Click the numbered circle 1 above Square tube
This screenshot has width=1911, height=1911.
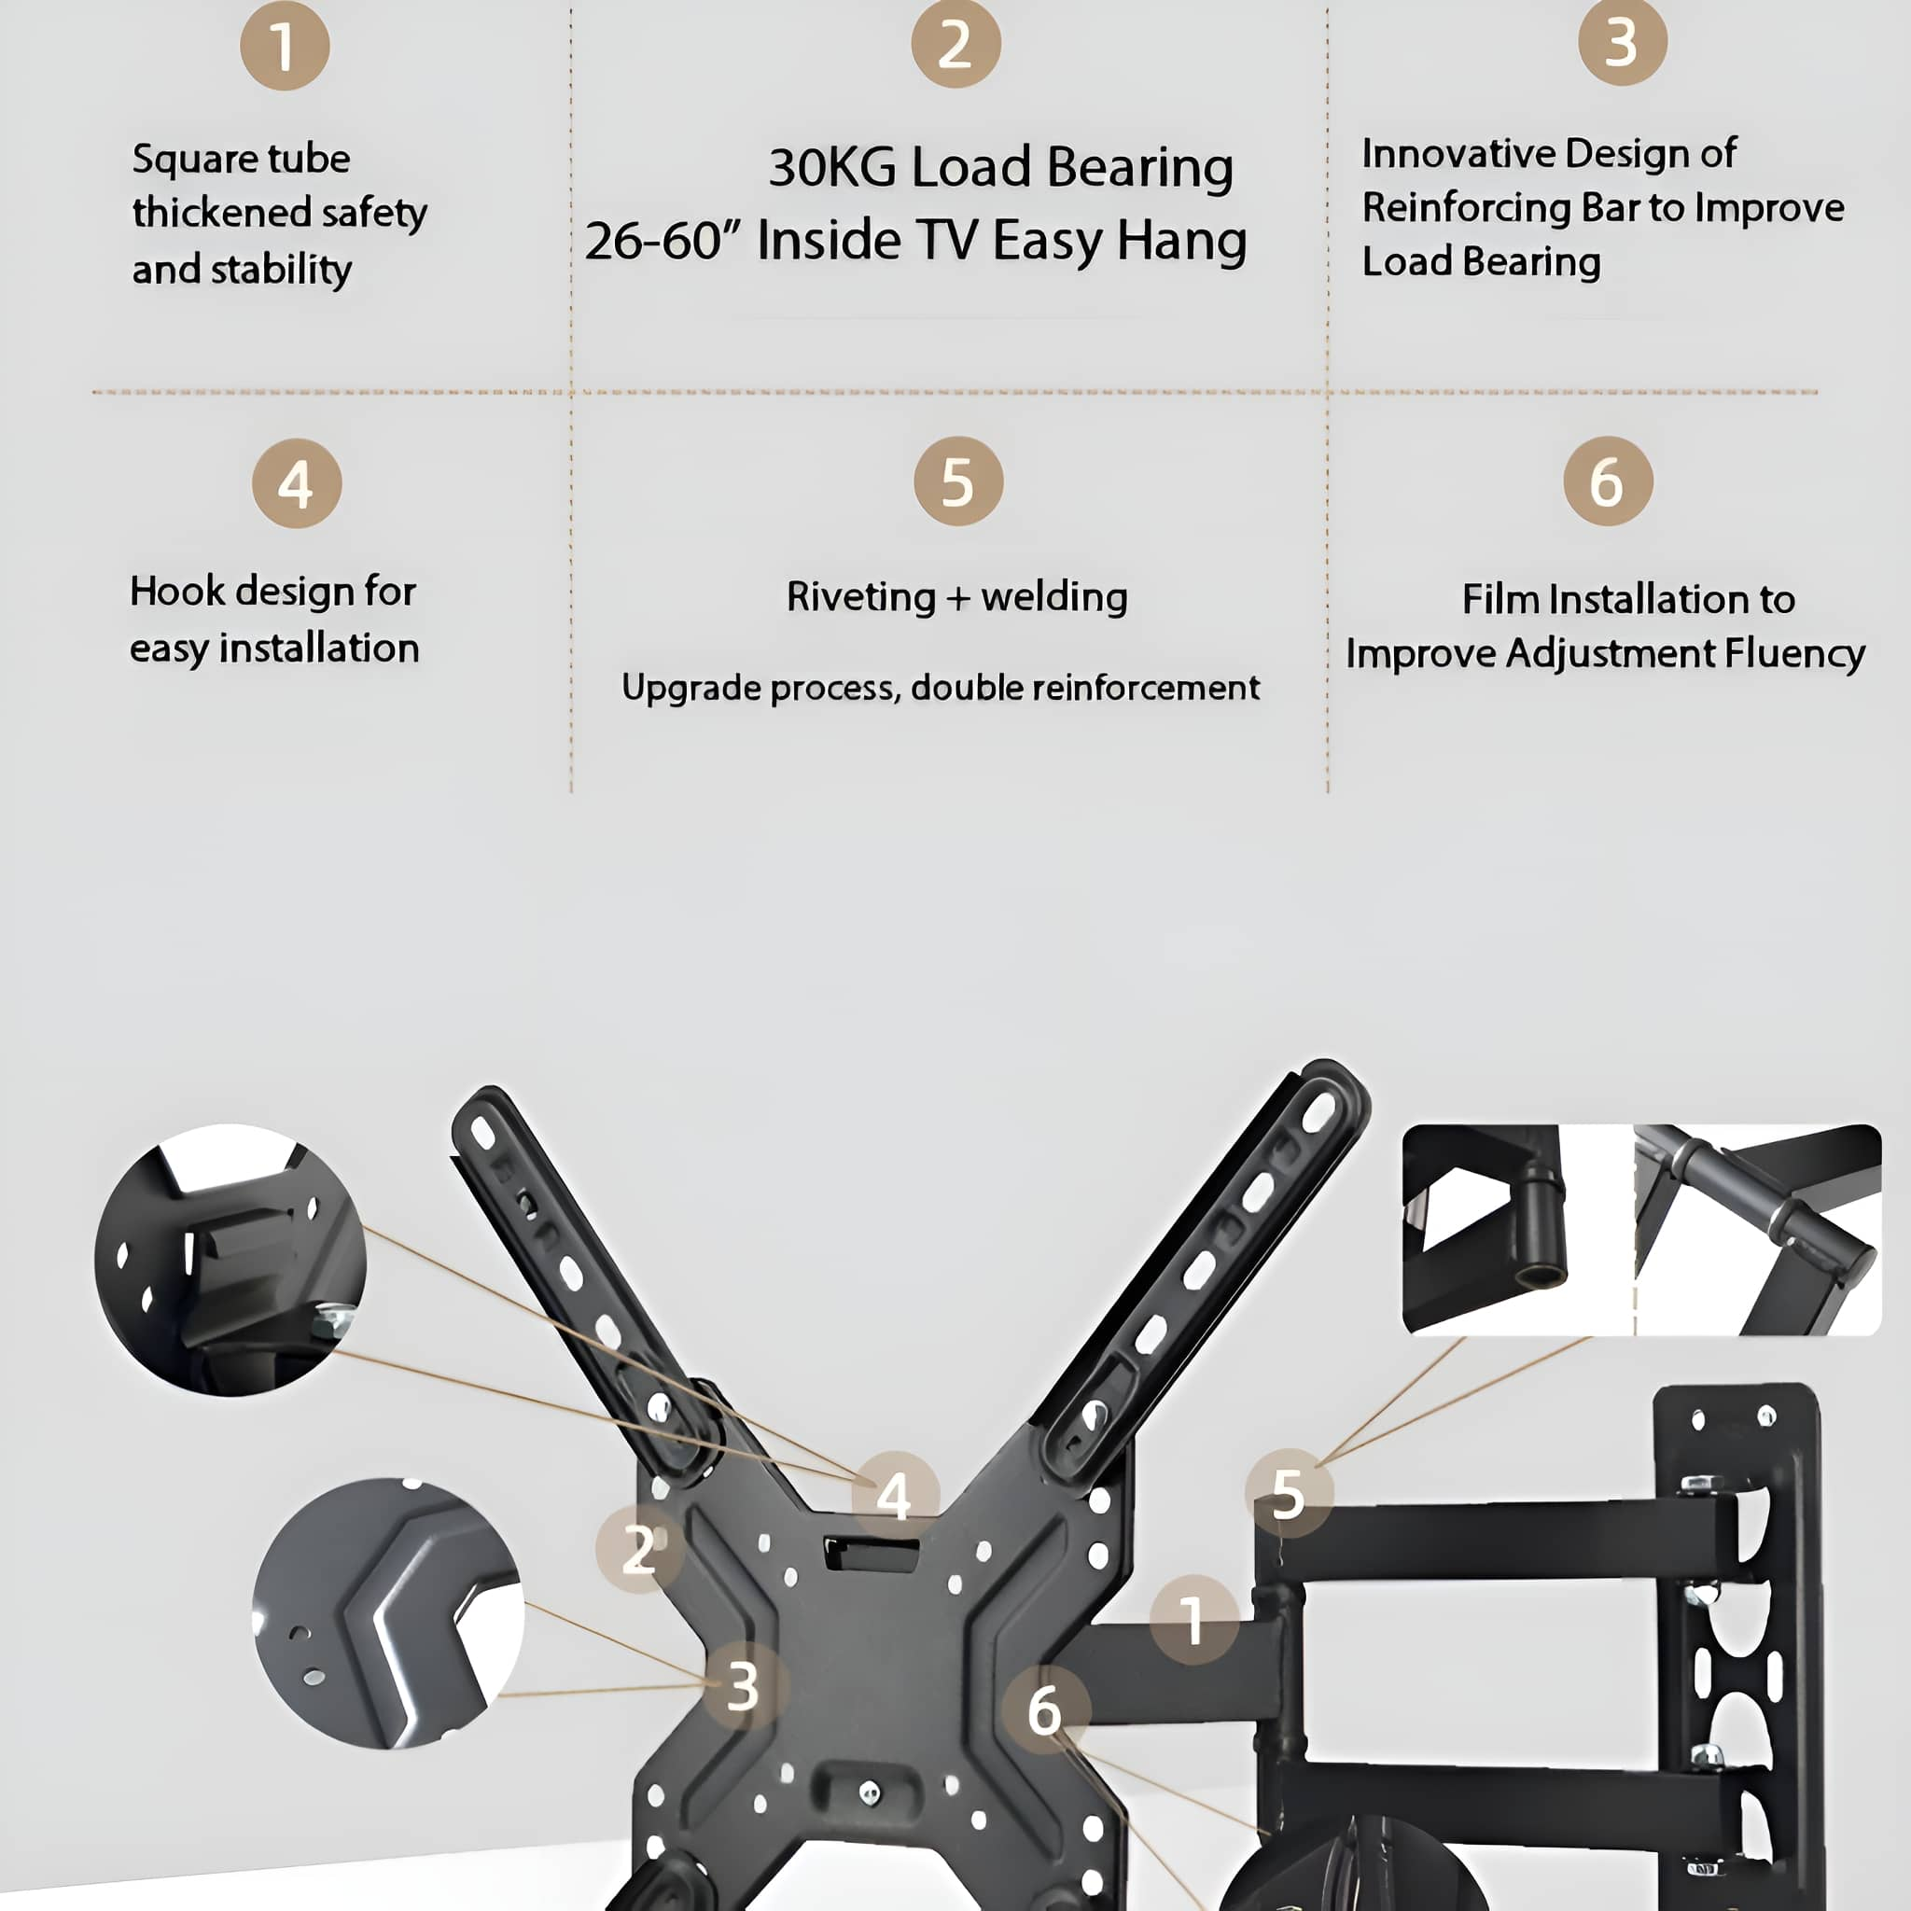[285, 46]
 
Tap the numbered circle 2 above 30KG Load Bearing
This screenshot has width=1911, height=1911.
[955, 44]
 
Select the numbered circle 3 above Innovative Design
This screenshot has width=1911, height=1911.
[1622, 42]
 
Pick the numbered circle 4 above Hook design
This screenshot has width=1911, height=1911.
[297, 483]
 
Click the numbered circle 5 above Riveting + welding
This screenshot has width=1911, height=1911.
[957, 481]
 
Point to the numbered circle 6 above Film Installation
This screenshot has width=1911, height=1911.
[1608, 481]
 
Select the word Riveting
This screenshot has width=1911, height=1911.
[860, 597]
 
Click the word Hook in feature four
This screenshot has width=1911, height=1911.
[177, 592]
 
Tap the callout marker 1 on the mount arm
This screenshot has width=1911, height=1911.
[1193, 1619]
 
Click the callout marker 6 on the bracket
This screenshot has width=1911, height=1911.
[1044, 1710]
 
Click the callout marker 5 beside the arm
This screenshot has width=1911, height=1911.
[1288, 1493]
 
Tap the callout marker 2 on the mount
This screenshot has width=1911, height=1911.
[639, 1549]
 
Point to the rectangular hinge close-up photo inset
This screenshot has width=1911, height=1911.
[1641, 1230]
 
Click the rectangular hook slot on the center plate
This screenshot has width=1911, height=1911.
[872, 1554]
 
